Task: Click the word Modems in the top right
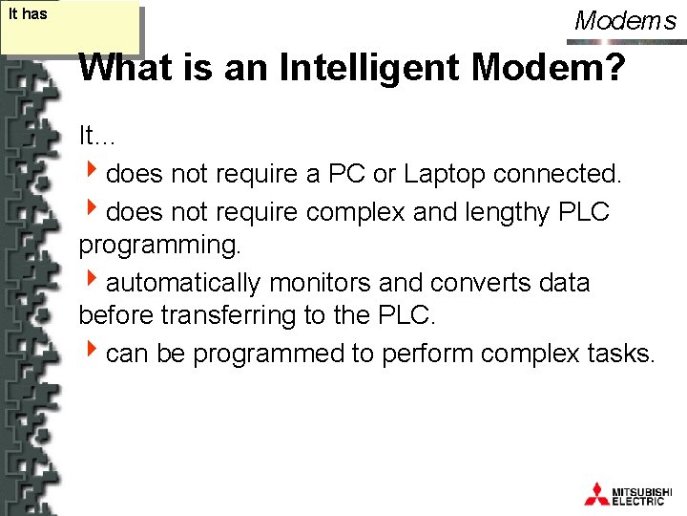click(625, 20)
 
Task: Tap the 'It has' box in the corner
click(71, 30)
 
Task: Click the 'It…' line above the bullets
click(96, 137)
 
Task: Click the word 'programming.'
click(160, 247)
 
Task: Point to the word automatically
click(184, 283)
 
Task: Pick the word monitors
click(320, 283)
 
